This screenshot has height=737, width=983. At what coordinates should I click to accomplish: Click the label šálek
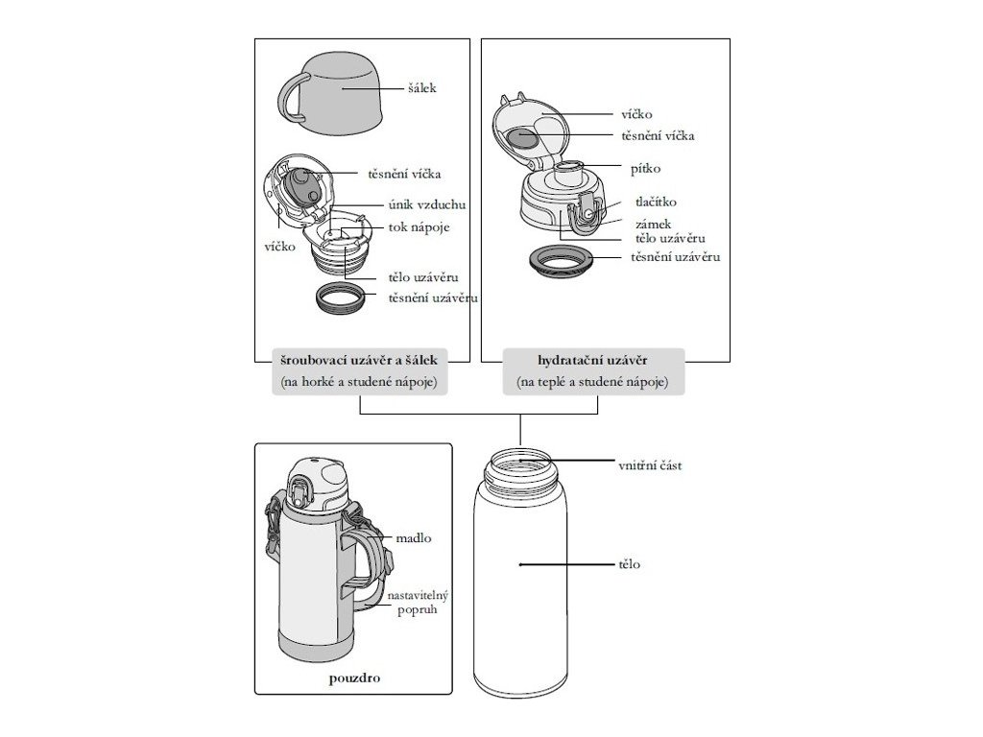(421, 88)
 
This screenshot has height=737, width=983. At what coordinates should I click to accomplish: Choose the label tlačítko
(656, 202)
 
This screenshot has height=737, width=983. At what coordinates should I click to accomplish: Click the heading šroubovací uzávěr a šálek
(358, 361)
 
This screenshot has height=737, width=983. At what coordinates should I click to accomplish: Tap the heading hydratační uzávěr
(592, 361)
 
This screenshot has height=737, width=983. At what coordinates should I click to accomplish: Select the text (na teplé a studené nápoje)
(592, 383)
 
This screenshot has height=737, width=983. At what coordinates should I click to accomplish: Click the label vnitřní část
(650, 465)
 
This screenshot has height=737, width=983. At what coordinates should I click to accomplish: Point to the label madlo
(413, 538)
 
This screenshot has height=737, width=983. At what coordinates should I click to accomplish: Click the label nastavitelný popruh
(418, 603)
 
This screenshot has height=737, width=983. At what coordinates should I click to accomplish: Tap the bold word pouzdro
(353, 678)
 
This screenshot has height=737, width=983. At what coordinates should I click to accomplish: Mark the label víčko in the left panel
(278, 247)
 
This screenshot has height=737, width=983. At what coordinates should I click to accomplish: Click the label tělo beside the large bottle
(630, 564)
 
